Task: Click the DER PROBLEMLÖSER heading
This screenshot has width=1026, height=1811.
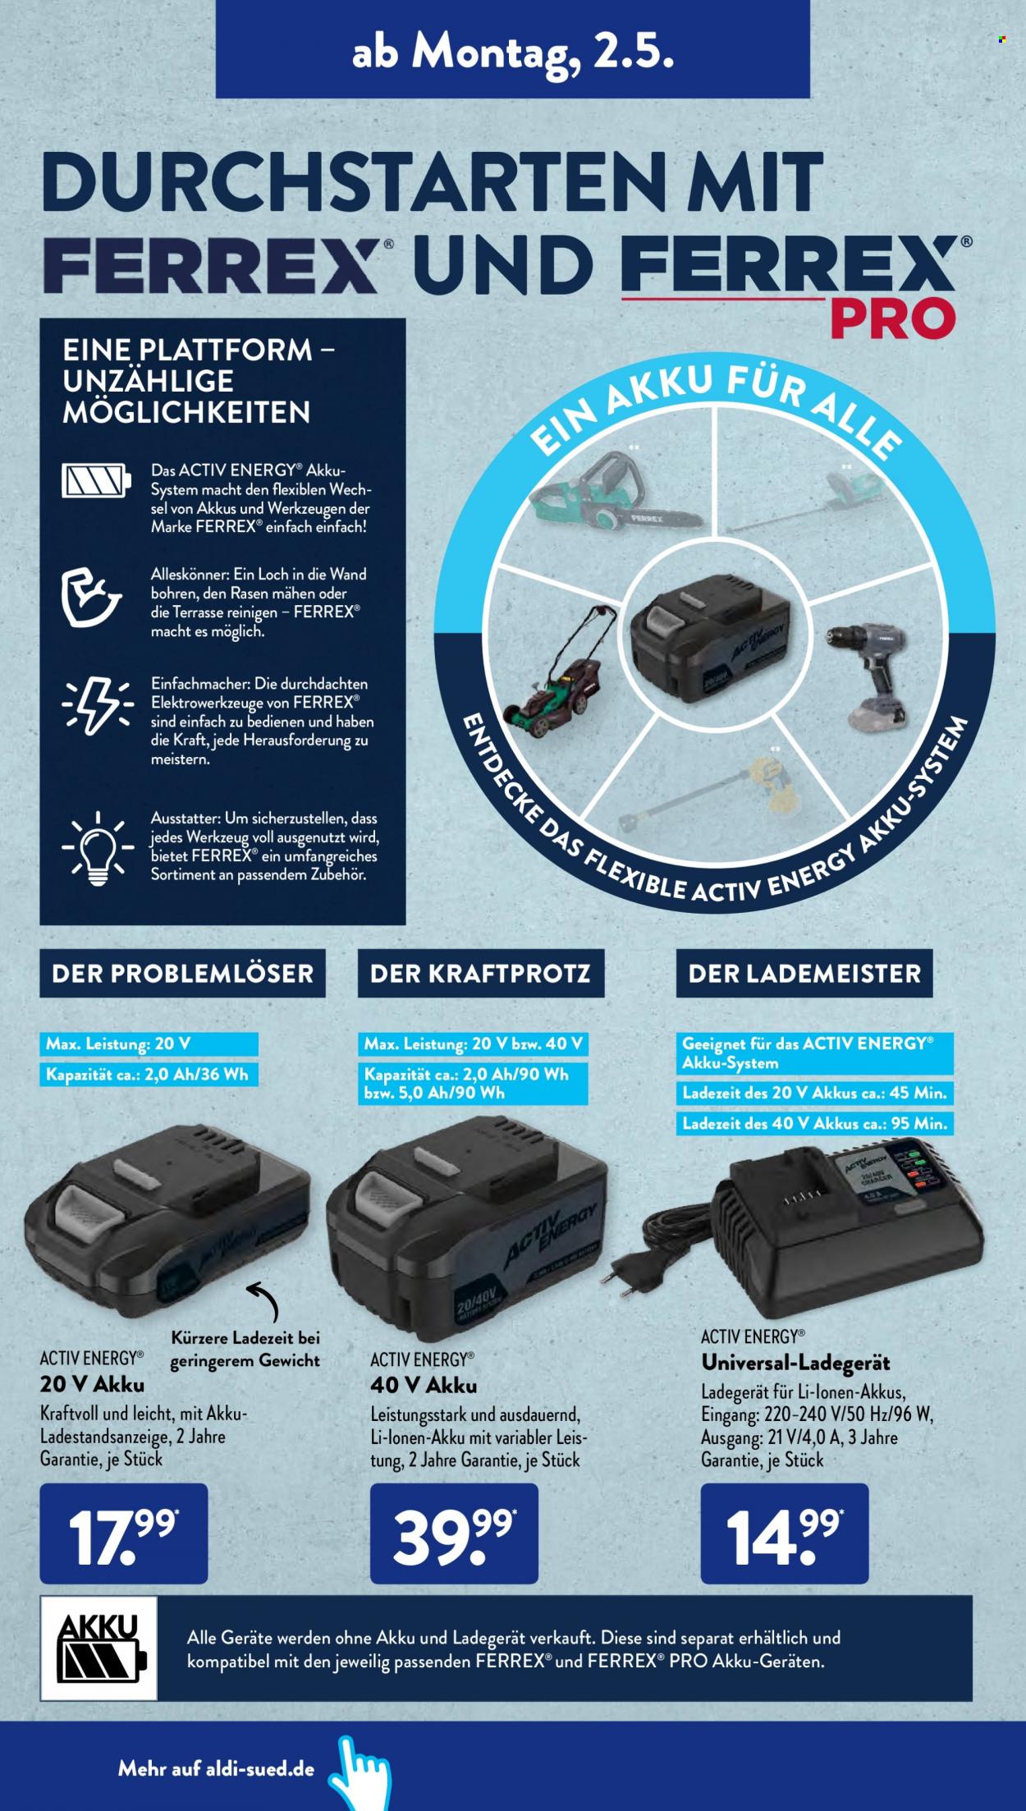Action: coord(182,974)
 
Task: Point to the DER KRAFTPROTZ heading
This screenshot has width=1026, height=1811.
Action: coord(480,974)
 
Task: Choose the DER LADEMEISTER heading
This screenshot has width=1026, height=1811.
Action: coord(804,974)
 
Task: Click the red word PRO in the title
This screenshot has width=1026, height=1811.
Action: coord(893,318)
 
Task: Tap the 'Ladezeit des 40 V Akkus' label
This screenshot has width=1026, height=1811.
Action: coord(814,1124)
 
